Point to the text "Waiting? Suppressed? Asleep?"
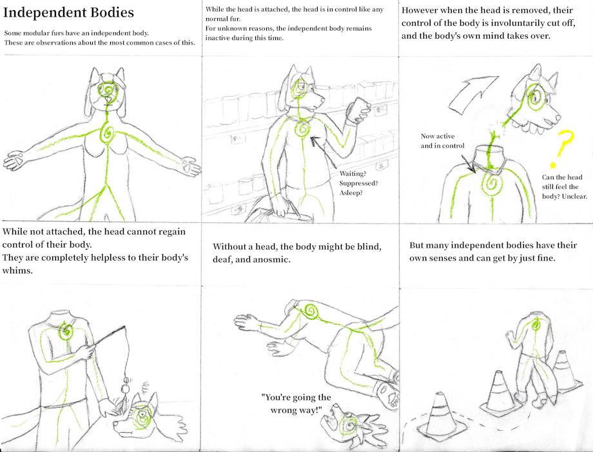(359, 182)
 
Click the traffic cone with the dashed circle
(440, 412)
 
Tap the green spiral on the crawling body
(313, 313)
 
